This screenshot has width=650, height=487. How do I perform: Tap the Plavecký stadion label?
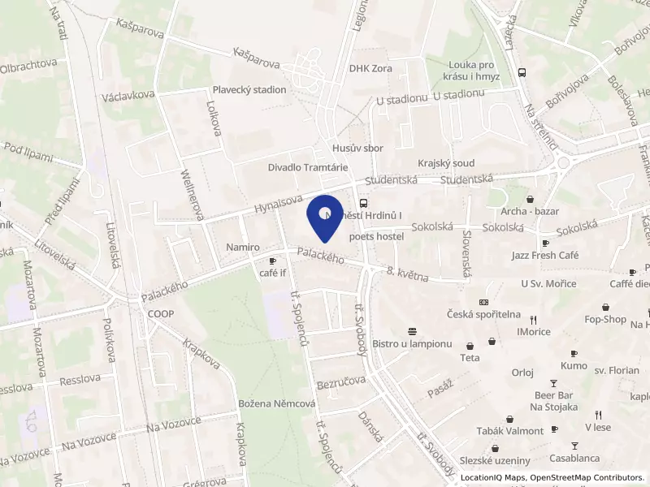coord(249,90)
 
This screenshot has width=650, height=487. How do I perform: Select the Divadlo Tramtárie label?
coord(308,167)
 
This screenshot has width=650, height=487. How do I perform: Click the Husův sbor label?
coord(357,149)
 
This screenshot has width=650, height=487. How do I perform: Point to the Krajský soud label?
coord(446,163)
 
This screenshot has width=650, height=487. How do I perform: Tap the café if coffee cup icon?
coord(273,261)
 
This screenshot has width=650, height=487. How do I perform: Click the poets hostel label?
coord(376,236)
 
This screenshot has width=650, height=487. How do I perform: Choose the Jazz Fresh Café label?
coord(545,256)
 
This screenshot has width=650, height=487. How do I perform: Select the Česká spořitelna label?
coord(484,314)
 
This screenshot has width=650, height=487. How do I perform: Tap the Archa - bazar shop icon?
coord(530,199)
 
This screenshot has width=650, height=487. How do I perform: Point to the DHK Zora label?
coord(370,69)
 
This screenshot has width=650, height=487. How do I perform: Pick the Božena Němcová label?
coord(277,403)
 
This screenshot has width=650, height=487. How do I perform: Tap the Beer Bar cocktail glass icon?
coord(554,382)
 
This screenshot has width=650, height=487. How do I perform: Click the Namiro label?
coord(243,247)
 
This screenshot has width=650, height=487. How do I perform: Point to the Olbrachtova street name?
coord(28,62)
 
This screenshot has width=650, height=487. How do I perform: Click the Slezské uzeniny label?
coord(495,460)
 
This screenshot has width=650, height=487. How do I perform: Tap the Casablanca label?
coord(574,458)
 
